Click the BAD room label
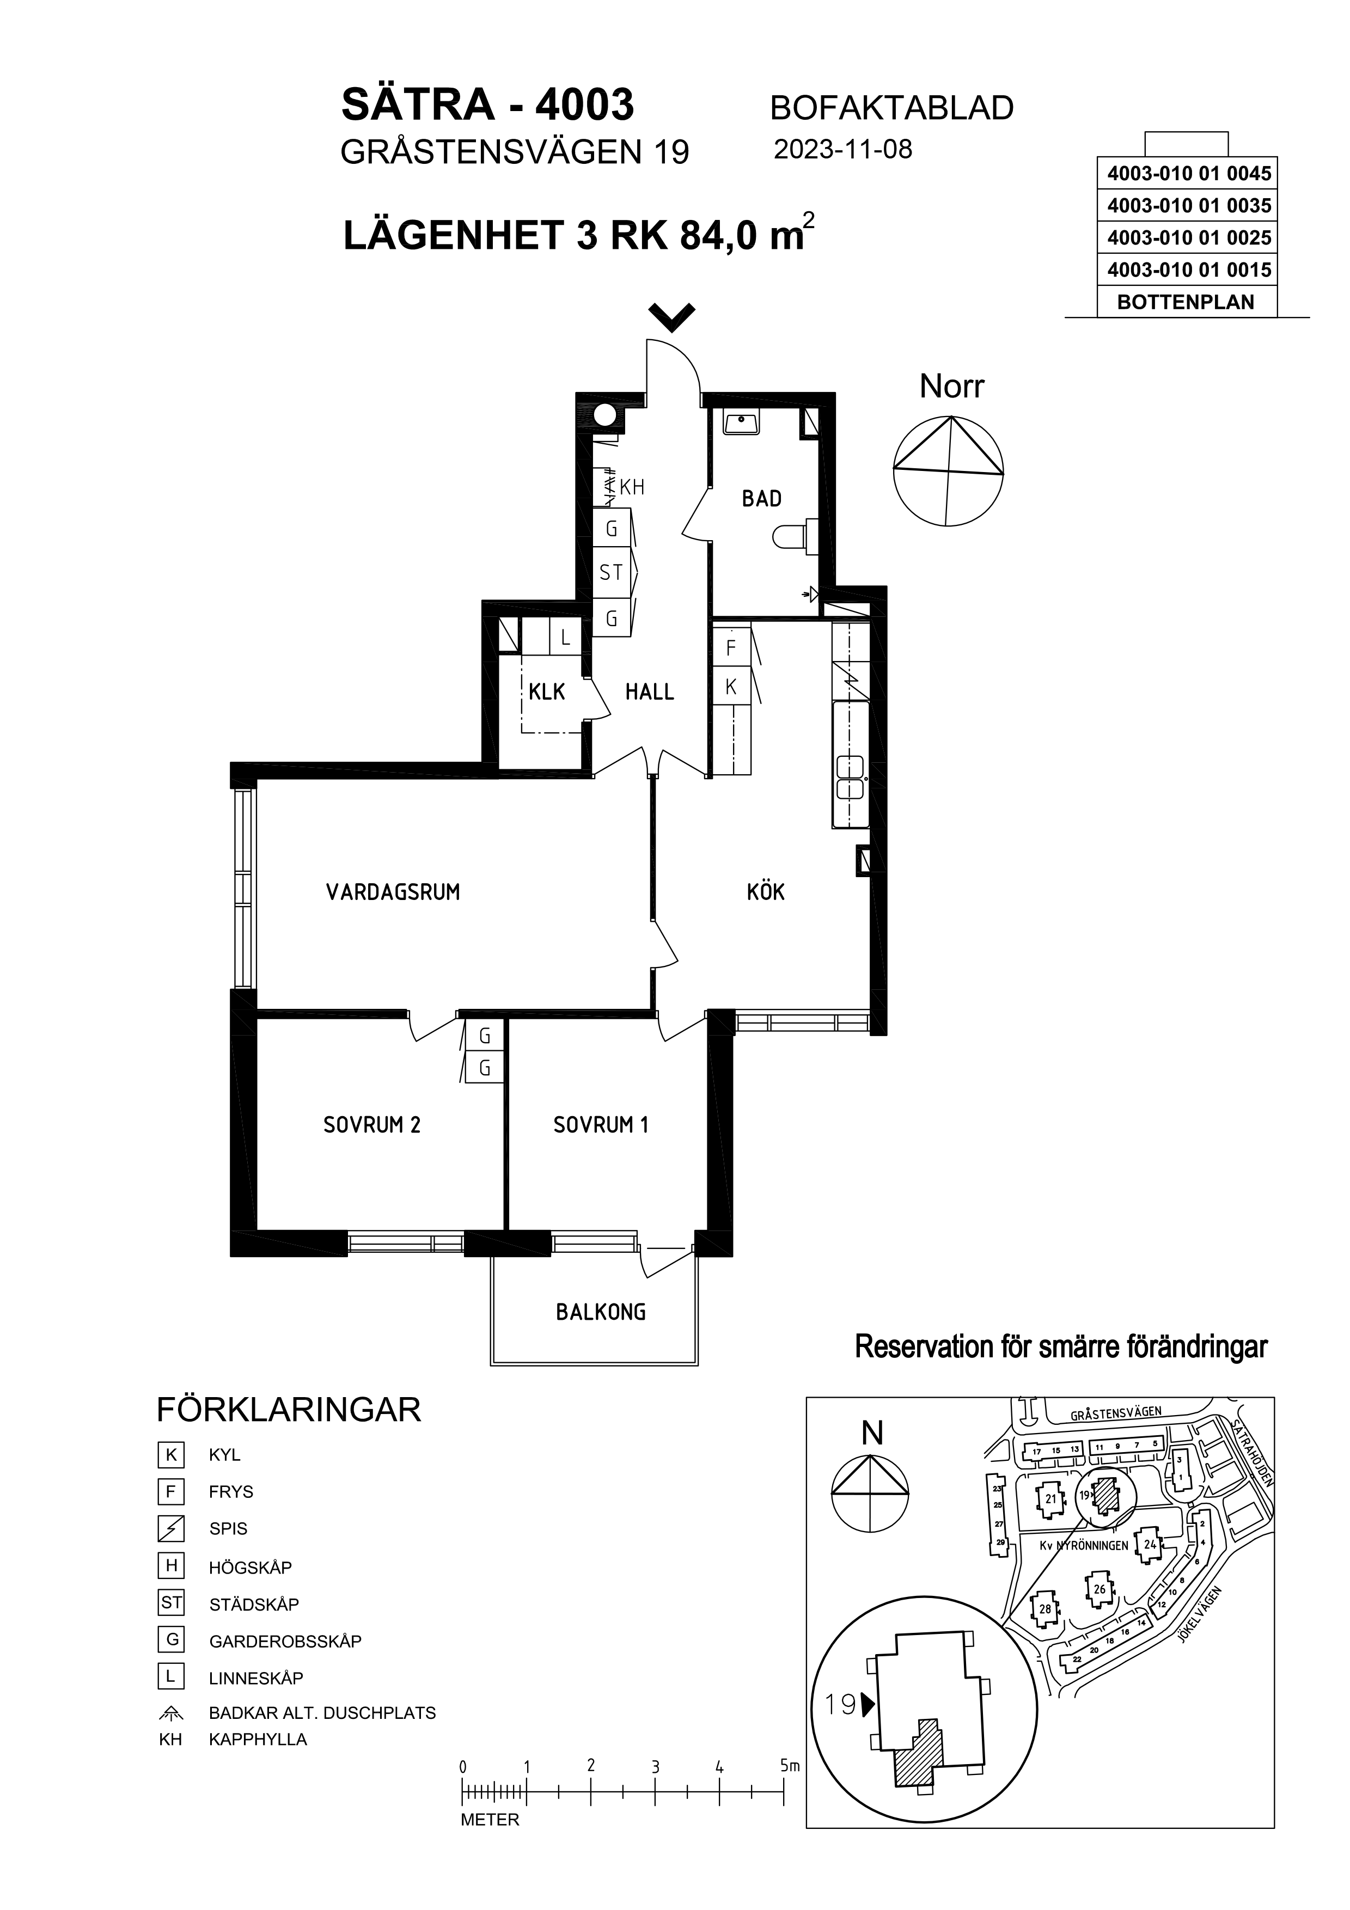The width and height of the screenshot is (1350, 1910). (761, 499)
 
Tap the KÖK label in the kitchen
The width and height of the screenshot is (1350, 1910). (765, 892)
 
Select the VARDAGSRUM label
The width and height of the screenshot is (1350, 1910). (393, 892)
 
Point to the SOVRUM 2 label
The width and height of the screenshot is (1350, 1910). (372, 1125)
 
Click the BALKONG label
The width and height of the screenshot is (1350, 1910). (601, 1313)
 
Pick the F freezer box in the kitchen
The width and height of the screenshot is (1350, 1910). (731, 647)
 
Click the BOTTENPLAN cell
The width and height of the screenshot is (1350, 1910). (1186, 302)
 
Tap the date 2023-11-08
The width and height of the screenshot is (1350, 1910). (842, 150)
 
